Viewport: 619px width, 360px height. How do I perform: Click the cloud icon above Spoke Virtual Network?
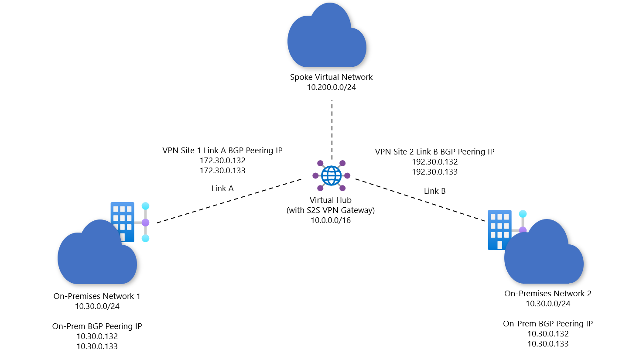pos(326,37)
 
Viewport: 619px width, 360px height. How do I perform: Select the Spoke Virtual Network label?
pos(332,77)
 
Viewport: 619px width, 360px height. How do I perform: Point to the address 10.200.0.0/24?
pos(332,87)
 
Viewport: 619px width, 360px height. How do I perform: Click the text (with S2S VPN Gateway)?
pos(331,210)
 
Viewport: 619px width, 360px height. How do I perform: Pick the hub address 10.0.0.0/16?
pos(331,220)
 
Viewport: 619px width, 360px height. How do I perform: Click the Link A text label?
pos(222,189)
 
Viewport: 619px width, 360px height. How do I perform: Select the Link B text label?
pos(435,191)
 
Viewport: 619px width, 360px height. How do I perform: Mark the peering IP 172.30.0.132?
pos(222,161)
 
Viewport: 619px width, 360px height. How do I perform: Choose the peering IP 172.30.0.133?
pos(222,171)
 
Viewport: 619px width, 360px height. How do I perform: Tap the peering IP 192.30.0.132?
pos(435,162)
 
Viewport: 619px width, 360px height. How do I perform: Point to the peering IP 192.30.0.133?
pos(435,172)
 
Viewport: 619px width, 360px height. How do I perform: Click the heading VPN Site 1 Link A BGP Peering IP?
pos(222,151)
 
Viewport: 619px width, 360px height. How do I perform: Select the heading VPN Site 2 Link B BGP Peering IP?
pos(435,152)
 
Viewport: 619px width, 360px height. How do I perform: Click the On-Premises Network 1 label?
pos(97,296)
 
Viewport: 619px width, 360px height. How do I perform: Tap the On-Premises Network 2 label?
pos(548,294)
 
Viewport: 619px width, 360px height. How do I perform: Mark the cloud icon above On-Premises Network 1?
pos(97,257)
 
